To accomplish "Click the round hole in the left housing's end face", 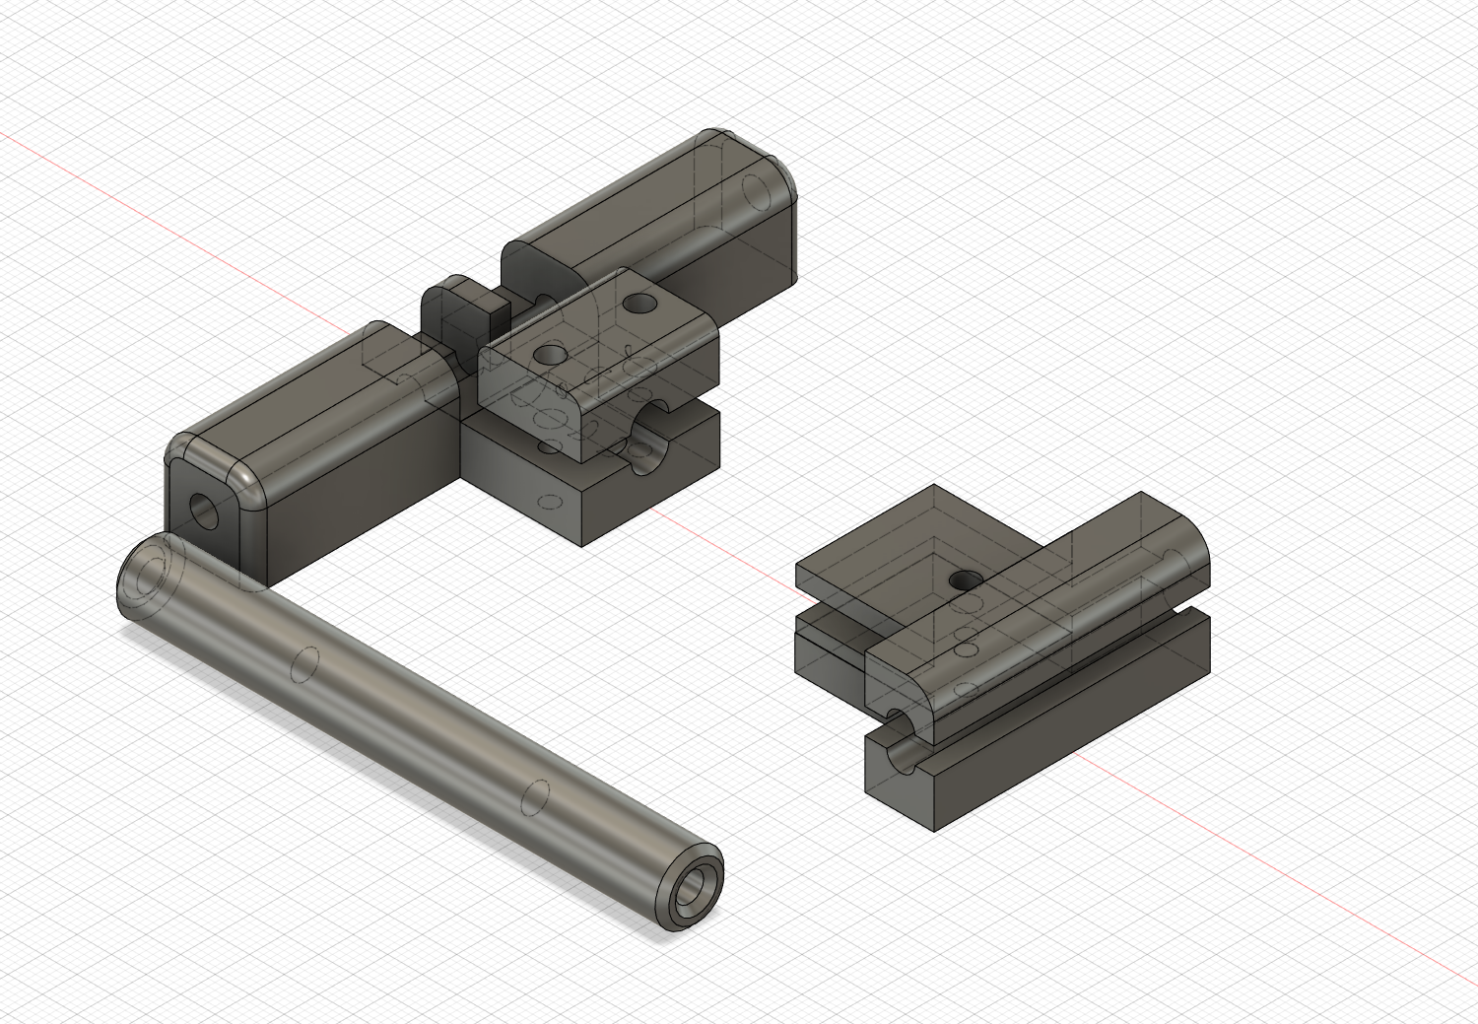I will pyautogui.click(x=206, y=509).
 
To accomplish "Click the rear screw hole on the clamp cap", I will pyautogui.click(x=641, y=299).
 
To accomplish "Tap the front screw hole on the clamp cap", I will pyautogui.click(x=549, y=352).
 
